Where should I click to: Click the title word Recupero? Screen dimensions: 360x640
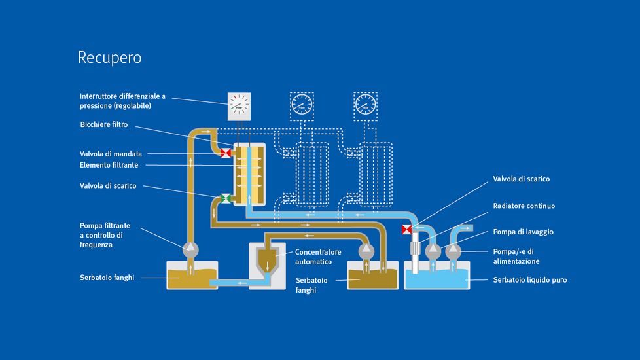coord(109,58)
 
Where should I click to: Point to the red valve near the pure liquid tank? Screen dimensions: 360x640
coord(406,229)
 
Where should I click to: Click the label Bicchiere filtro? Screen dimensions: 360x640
coord(104,124)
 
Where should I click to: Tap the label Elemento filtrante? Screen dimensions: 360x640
coord(109,165)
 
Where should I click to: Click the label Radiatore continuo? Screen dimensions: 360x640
coord(524,206)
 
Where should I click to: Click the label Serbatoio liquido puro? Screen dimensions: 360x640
coord(529,280)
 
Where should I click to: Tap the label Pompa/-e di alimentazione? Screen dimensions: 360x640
coord(516,256)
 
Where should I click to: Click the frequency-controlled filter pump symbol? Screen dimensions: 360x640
coord(190,248)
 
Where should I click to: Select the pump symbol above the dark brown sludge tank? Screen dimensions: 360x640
coord(366,249)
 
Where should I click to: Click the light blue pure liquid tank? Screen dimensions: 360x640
coord(437,278)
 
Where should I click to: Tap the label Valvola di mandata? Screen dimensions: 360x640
coord(111,154)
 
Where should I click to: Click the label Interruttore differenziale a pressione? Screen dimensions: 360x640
coord(122,101)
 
